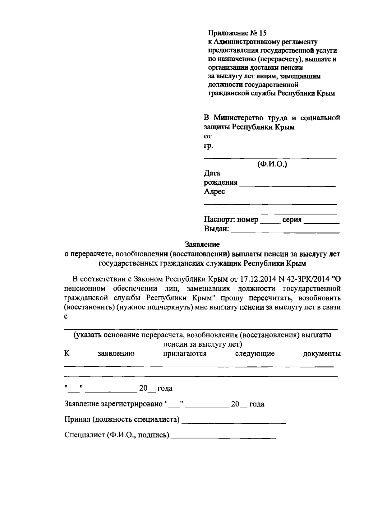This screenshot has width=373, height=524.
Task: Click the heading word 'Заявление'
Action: click(x=202, y=244)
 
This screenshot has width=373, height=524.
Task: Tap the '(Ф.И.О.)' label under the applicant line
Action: click(x=272, y=164)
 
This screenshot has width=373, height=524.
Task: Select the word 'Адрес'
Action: click(x=214, y=192)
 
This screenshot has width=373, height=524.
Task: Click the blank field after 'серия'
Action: click(x=321, y=221)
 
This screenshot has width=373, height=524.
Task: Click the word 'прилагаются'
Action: click(x=185, y=354)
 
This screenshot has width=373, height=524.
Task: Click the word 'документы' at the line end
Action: click(x=322, y=354)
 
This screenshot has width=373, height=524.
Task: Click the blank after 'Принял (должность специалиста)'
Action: click(x=233, y=422)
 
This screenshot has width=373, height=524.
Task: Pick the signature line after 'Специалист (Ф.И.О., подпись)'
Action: click(x=223, y=437)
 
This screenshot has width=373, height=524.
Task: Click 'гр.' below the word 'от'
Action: click(x=208, y=146)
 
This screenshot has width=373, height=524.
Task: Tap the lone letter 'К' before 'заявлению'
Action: click(x=67, y=354)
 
